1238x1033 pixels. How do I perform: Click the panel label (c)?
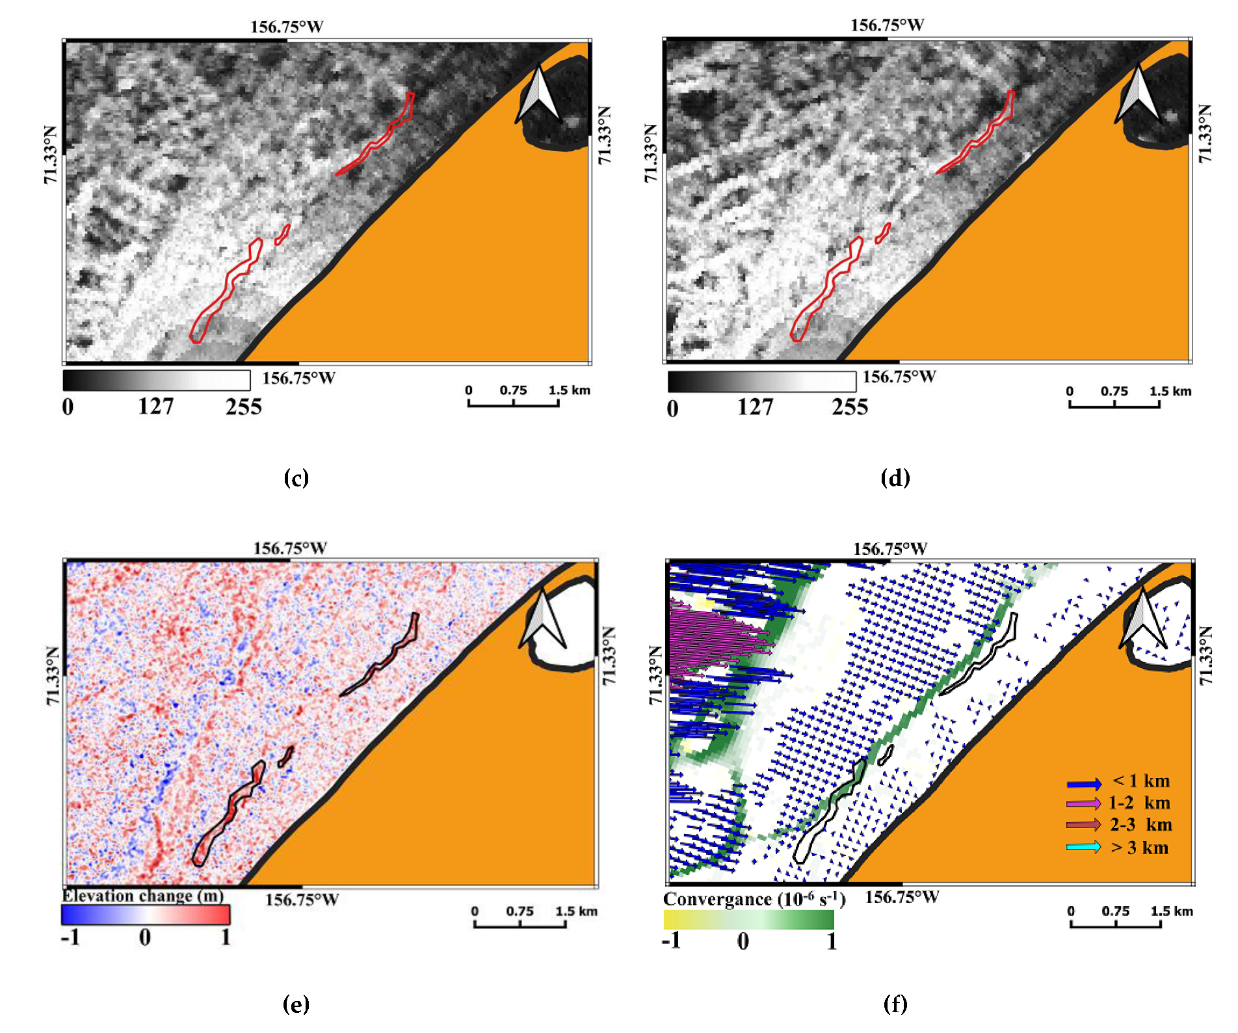296,478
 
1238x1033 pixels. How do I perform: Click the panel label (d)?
895,478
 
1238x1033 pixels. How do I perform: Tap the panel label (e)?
296,1004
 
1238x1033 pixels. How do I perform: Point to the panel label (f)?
895,1004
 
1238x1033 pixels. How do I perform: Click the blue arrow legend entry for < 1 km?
1084,783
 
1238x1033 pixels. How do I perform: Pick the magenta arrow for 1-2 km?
1084,804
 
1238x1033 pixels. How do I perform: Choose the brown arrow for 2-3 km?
1084,825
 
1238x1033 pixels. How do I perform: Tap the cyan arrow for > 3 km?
1084,847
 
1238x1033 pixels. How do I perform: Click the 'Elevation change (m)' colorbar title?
142,896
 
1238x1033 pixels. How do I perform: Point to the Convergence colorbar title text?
754,900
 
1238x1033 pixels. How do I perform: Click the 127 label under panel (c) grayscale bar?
155,407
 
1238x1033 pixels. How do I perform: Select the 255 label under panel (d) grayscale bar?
849,407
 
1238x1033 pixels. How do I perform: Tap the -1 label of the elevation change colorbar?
70,937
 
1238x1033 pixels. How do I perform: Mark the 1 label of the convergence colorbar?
831,941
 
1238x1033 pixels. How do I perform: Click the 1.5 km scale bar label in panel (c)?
569,390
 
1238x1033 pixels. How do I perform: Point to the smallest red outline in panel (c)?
282,235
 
